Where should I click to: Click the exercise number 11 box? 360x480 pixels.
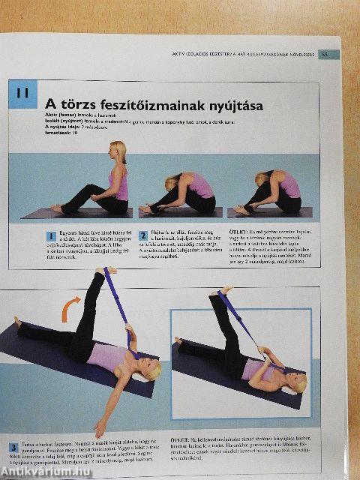click(x=22, y=94)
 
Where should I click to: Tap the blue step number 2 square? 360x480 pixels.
click(x=142, y=235)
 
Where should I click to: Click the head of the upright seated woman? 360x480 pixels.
click(x=117, y=150)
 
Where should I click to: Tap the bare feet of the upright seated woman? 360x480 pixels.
click(x=57, y=208)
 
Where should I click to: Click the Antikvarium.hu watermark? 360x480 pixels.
click(x=40, y=469)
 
